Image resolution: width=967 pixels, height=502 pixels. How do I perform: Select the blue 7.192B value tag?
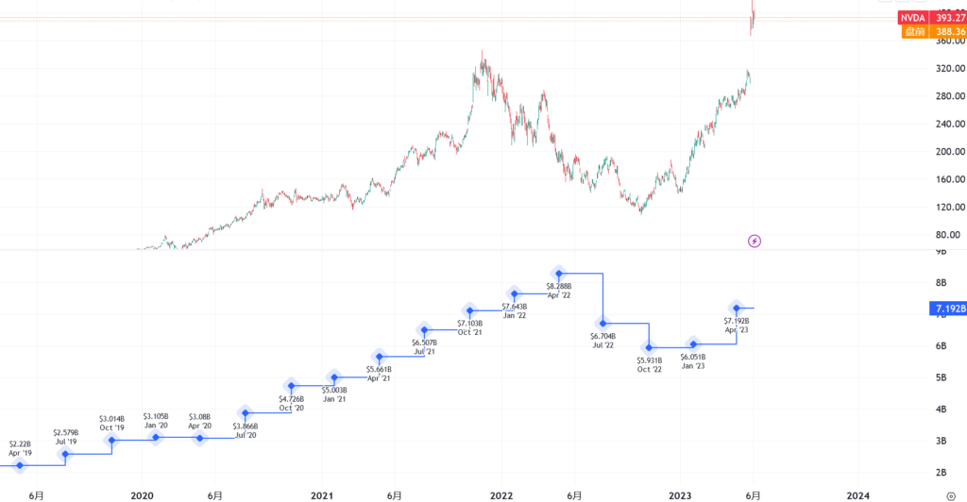point(948,309)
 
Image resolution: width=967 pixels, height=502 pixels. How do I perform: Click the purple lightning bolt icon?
point(755,241)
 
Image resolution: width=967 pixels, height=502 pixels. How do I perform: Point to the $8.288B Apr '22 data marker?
point(559,273)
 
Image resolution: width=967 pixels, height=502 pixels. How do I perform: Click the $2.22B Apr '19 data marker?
point(20,465)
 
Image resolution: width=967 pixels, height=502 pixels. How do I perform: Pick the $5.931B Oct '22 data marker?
point(649,347)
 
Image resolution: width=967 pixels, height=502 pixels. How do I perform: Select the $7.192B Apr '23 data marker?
point(737,308)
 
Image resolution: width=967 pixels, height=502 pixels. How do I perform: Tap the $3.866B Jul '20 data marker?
point(246,412)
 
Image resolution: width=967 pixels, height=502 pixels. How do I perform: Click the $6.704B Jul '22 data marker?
point(603,324)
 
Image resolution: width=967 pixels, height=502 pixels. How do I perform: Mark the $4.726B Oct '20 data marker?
point(291,386)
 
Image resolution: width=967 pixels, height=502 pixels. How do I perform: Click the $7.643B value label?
point(515,307)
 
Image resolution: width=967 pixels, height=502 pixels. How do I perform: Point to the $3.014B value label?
point(111,418)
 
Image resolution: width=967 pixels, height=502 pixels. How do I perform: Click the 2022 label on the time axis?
point(501,494)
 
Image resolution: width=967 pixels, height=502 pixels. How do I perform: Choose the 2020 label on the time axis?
point(142,494)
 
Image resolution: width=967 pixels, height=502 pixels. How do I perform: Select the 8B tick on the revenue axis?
point(941,282)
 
